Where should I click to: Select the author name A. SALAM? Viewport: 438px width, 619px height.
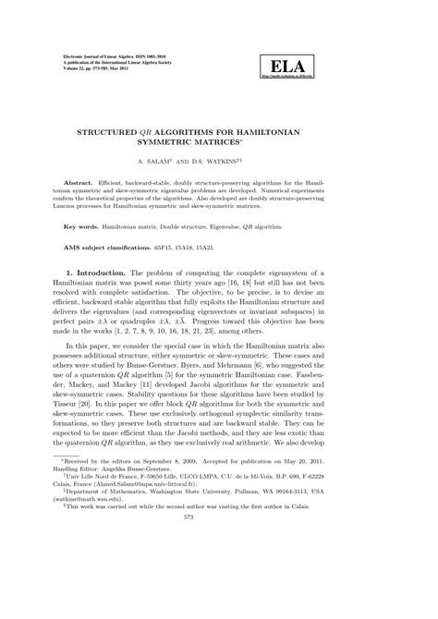click(176, 160)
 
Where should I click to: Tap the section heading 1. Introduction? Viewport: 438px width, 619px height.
click(100, 273)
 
